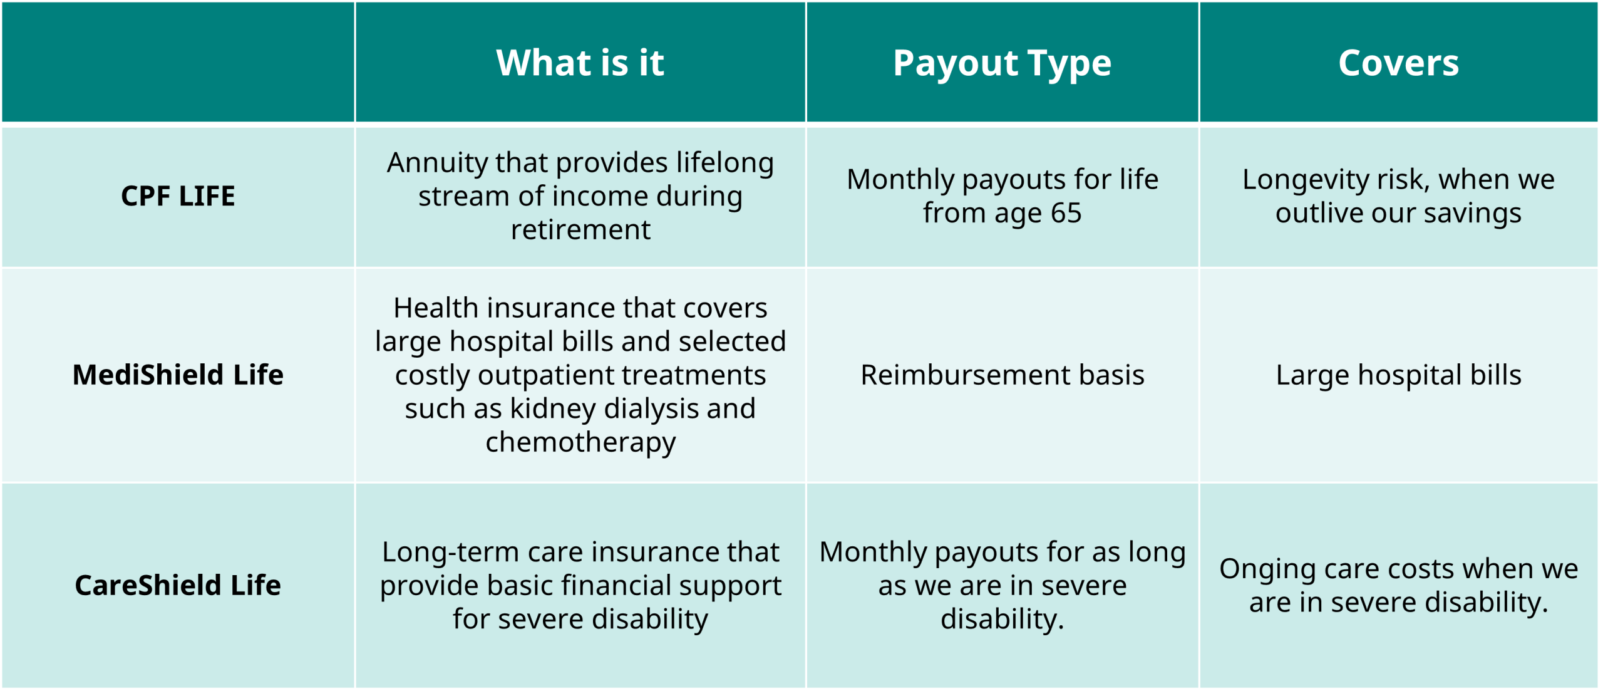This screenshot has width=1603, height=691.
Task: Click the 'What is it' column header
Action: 580,63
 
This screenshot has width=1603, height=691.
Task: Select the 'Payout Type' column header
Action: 1002,64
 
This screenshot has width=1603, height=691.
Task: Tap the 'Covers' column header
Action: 1398,63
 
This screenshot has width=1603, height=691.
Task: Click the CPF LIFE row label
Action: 178,196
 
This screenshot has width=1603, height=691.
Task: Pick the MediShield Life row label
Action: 178,375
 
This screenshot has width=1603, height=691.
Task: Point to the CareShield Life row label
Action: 178,585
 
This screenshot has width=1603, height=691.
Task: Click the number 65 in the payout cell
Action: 1066,213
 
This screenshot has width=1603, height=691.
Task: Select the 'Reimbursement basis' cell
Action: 1002,375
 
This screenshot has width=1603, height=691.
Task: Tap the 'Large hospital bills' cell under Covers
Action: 1398,375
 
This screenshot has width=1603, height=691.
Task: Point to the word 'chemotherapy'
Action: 580,443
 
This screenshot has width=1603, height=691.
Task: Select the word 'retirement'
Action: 580,230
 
